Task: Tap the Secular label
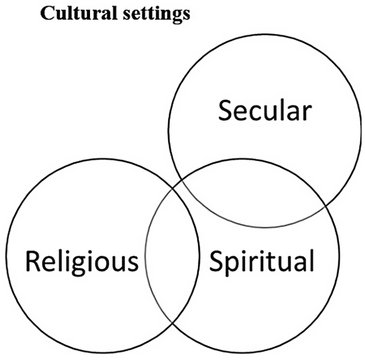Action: [x=265, y=111]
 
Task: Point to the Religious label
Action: [x=82, y=262]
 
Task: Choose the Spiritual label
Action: [x=261, y=262]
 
